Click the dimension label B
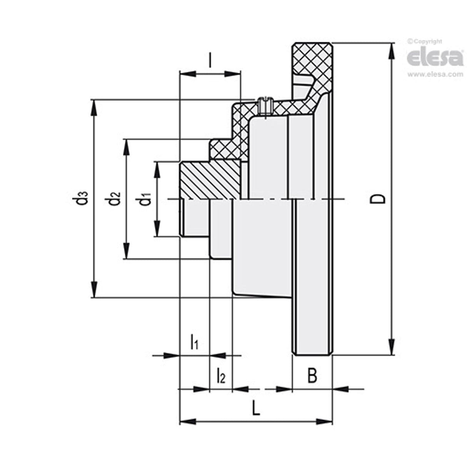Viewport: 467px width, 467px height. (x=312, y=376)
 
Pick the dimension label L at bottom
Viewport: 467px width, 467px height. (x=256, y=408)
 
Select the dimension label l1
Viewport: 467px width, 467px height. (x=194, y=342)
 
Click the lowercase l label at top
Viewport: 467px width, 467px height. (x=210, y=60)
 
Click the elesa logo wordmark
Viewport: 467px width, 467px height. (x=435, y=58)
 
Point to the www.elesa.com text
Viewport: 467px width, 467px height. (x=435, y=75)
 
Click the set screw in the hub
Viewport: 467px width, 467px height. (x=265, y=105)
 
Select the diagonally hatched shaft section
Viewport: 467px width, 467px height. (x=210, y=180)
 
